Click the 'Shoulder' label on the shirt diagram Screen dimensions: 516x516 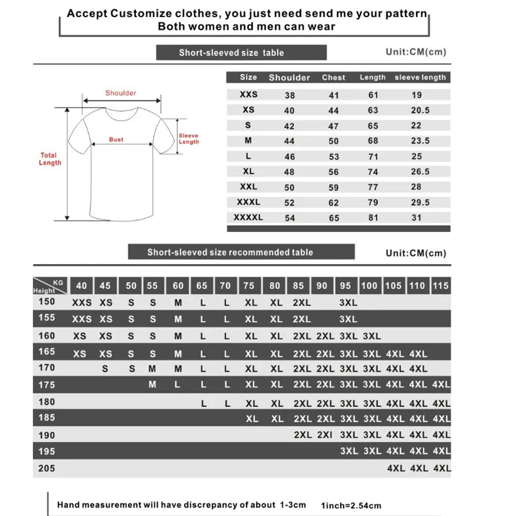[120, 93]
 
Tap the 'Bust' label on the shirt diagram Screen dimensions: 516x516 [116, 140]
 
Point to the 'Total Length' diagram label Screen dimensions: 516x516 [50, 159]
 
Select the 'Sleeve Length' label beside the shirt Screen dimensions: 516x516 [188, 139]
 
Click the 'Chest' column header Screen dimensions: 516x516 [333, 78]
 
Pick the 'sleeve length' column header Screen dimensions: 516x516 [420, 78]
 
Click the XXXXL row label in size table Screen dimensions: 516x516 [249, 217]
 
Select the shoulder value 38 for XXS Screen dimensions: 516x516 [290, 95]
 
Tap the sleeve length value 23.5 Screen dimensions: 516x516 [420, 141]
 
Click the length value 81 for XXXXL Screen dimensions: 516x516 [373, 217]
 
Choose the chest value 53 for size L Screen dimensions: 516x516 [333, 157]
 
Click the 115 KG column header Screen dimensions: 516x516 [441, 285]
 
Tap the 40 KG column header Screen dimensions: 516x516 [82, 285]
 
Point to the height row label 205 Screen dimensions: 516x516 [47, 468]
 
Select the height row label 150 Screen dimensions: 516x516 [47, 302]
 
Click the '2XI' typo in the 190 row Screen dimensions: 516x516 [325, 435]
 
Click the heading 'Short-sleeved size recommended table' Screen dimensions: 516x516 [230, 252]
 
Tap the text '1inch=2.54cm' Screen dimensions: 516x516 [351, 505]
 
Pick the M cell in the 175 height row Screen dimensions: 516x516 [152, 385]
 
